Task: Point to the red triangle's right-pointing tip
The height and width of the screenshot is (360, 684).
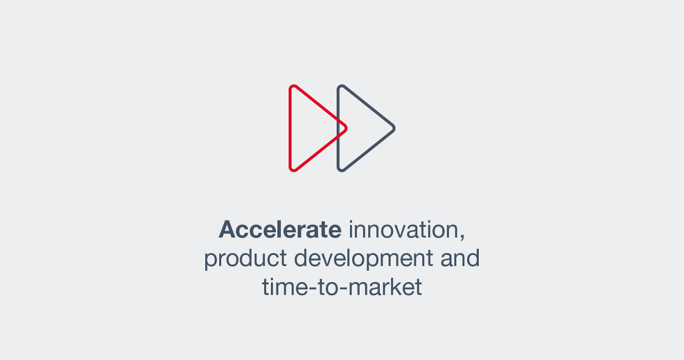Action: pyautogui.click(x=345, y=128)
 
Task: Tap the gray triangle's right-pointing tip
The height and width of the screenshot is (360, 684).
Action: pyautogui.click(x=393, y=128)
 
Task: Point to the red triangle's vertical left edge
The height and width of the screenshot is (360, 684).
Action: pyautogui.click(x=290, y=128)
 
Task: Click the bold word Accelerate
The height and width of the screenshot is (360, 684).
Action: pyautogui.click(x=280, y=230)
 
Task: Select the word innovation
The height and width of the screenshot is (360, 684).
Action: pyautogui.click(x=403, y=230)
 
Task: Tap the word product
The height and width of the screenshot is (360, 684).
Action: pyautogui.click(x=245, y=259)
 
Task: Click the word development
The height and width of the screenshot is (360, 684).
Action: pyautogui.click(x=363, y=259)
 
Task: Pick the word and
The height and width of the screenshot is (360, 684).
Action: pyautogui.click(x=460, y=259)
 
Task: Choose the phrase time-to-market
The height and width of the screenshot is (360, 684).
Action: pyautogui.click(x=342, y=287)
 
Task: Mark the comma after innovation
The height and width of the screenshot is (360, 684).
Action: pyautogui.click(x=462, y=237)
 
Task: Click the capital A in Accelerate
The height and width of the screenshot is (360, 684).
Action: pyautogui.click(x=228, y=230)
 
